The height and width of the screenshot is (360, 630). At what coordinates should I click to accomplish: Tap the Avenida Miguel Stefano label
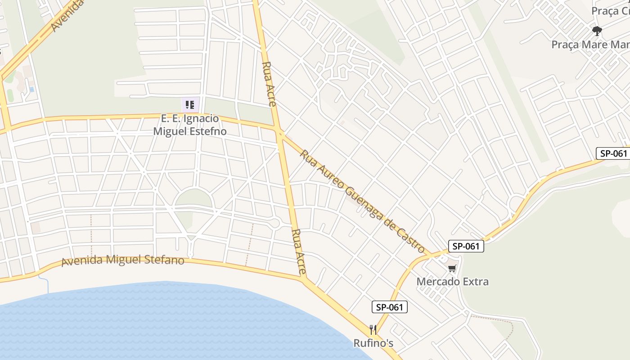coord(123,261)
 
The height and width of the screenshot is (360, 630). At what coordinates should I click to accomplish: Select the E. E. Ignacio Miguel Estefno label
coord(190,125)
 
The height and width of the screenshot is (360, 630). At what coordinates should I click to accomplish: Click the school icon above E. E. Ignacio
coord(190,105)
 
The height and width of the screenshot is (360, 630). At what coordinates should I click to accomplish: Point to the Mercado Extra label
coord(452,282)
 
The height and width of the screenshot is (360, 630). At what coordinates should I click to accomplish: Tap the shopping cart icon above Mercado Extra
coord(452,269)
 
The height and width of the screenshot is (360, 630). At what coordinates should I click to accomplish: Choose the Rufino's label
coord(373,343)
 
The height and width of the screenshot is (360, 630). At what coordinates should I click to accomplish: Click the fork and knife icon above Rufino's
coord(373,330)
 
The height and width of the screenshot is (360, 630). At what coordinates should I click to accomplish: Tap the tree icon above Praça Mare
coord(597,31)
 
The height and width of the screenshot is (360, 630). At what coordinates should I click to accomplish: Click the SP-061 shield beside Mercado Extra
coord(466,246)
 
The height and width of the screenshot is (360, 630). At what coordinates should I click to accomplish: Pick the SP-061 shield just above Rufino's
coord(389,307)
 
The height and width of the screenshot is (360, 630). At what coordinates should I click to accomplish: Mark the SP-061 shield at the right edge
coord(613,153)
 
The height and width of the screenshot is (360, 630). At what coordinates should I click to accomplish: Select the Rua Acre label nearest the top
coord(269,84)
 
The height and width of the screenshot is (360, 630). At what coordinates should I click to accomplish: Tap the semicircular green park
coord(193,198)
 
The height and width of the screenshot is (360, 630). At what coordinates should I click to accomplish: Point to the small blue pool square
coord(31,90)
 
